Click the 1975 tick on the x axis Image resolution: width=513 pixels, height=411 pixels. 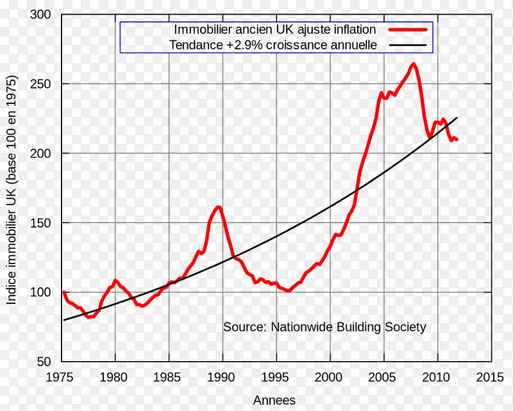pyautogui.click(x=62, y=376)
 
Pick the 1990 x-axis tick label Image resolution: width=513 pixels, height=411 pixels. pyautogui.click(x=223, y=376)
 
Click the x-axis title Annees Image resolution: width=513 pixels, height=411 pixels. pyautogui.click(x=274, y=400)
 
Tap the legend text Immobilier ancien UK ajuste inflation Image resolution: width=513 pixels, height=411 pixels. pyautogui.click(x=274, y=29)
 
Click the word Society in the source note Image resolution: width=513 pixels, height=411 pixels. pyautogui.click(x=407, y=327)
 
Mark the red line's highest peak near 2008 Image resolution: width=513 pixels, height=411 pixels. pyautogui.click(x=414, y=63)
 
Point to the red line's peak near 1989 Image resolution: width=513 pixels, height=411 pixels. pyautogui.click(x=218, y=206)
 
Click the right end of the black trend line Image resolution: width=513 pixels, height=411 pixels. pyautogui.click(x=457, y=118)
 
